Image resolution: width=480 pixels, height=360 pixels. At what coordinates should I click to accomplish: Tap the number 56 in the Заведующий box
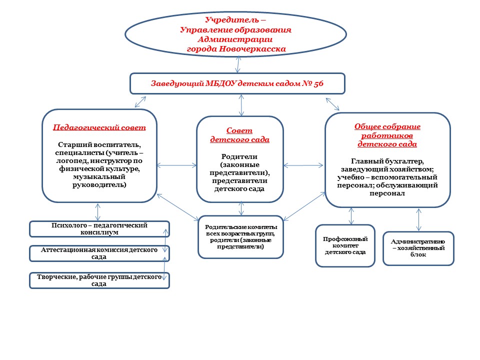coord(318,83)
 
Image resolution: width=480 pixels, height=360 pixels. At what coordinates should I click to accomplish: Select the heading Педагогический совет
coord(99,127)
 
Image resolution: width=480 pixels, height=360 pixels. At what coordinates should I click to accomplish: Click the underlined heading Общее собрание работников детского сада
coord(387,135)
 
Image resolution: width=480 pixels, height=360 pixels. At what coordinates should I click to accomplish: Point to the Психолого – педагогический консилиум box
coord(99,229)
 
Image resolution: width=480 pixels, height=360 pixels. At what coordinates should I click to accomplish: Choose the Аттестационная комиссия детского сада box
coord(99,253)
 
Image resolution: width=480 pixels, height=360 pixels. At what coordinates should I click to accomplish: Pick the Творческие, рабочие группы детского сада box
coord(99,280)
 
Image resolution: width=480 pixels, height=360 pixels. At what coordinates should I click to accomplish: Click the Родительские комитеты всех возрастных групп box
coord(241,237)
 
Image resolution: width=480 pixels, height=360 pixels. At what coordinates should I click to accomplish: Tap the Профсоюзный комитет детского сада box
coord(345,246)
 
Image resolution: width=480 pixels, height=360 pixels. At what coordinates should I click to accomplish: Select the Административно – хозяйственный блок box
coord(418,248)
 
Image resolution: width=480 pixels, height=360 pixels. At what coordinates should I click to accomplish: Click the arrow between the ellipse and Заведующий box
coord(238,64)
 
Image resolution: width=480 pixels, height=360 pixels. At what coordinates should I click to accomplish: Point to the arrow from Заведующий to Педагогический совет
coord(140,102)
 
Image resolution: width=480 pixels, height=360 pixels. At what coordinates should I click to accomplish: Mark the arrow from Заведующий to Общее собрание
coord(332,104)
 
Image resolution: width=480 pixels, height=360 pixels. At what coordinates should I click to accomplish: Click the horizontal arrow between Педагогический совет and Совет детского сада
coord(177,165)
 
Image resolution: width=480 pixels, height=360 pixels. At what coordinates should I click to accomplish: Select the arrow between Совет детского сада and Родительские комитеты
coord(241,208)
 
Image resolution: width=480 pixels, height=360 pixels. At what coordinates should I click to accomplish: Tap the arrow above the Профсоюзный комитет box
coord(351,216)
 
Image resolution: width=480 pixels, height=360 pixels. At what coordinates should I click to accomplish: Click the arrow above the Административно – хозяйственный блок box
coord(419,219)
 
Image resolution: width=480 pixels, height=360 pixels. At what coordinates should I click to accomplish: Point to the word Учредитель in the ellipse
coord(231,20)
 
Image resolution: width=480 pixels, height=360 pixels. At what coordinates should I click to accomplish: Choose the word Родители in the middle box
coord(239,156)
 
